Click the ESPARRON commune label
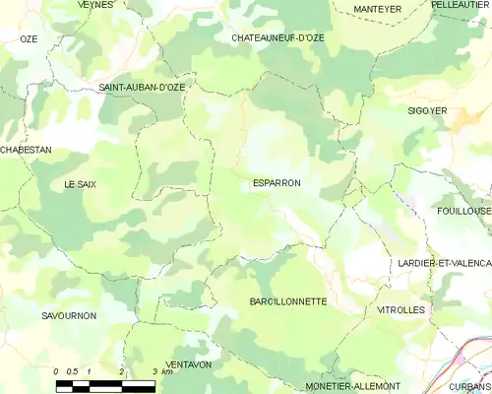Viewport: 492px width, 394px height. (277, 183)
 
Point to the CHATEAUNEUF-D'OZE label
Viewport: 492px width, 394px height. (277, 37)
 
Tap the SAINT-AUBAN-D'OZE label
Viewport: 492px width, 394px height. (142, 88)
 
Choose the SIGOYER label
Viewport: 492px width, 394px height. (428, 111)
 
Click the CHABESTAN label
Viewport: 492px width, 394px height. (26, 150)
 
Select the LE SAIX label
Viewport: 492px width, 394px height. (81, 184)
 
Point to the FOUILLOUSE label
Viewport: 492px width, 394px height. (463, 211)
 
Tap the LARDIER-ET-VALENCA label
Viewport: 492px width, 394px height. (444, 263)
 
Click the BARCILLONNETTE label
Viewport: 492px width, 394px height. (288, 301)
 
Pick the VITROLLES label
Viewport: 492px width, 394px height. (400, 309)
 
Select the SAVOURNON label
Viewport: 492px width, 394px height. (69, 315)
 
